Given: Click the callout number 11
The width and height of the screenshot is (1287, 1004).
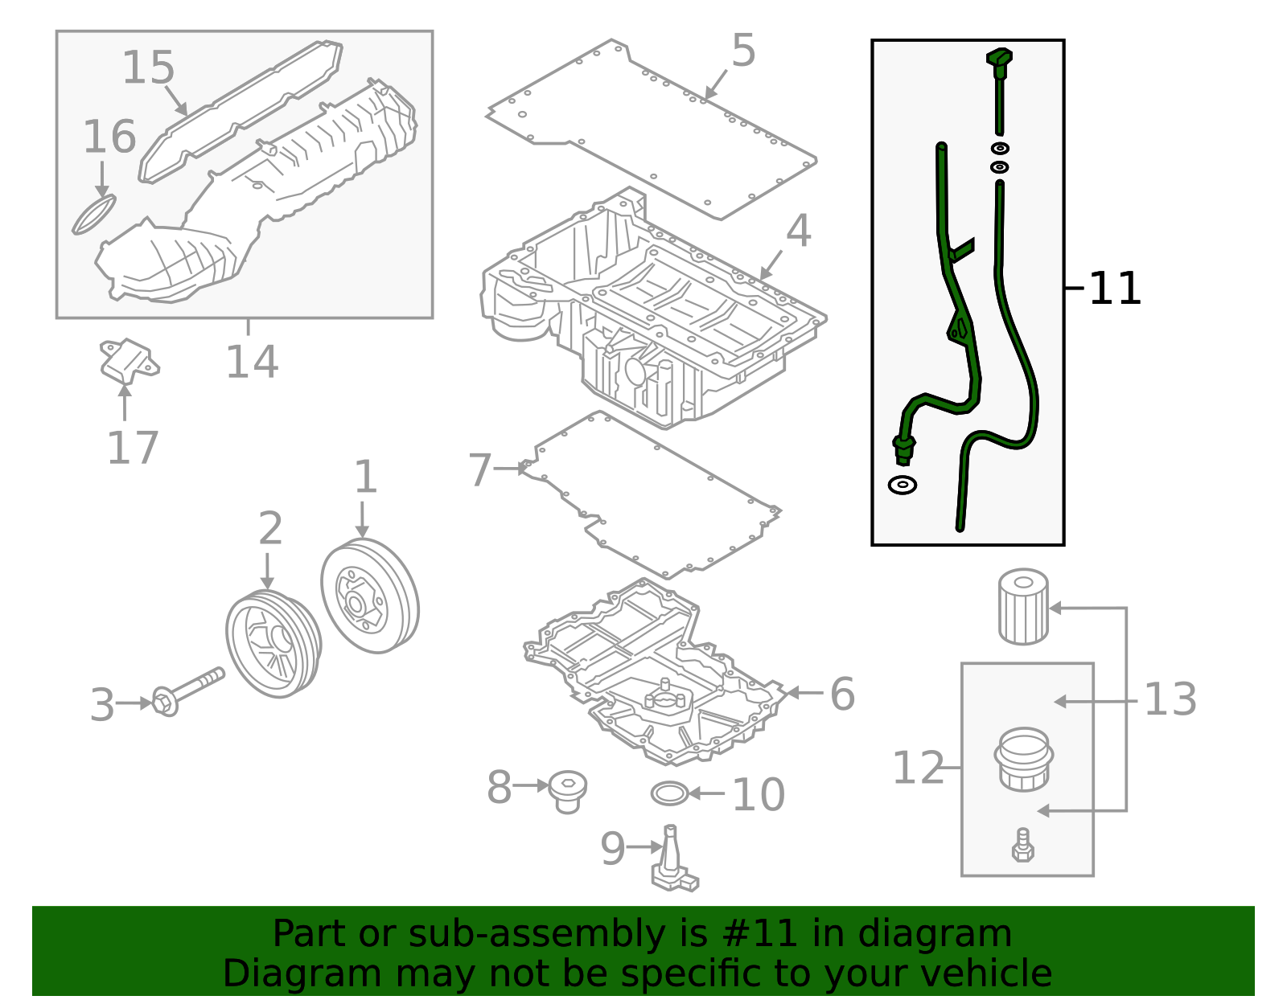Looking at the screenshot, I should [1115, 289].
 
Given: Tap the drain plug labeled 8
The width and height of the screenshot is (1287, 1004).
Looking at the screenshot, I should [568, 791].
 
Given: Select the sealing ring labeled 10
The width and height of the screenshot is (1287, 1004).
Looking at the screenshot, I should [669, 793].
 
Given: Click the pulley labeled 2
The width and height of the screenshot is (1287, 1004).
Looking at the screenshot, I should [273, 644].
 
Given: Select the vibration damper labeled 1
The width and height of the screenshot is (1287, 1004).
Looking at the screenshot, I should [370, 596].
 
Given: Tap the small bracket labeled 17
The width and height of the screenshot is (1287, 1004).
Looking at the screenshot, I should [128, 360].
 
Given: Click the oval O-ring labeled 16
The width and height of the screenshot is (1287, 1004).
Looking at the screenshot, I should [94, 215].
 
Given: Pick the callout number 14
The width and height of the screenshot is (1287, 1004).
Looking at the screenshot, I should [252, 362].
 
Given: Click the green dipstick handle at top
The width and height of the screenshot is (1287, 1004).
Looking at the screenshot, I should [999, 61].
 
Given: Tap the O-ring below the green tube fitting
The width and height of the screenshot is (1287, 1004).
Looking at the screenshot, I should [903, 485].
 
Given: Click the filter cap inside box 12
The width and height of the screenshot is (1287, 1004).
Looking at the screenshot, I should [1023, 760].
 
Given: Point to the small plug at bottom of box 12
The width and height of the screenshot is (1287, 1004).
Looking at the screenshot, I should [1022, 846].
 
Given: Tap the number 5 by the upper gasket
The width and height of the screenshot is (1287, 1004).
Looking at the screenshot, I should [743, 51].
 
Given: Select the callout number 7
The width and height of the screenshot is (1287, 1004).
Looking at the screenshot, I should [479, 469].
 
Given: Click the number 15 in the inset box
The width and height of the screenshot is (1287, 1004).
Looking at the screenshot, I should [148, 68].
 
